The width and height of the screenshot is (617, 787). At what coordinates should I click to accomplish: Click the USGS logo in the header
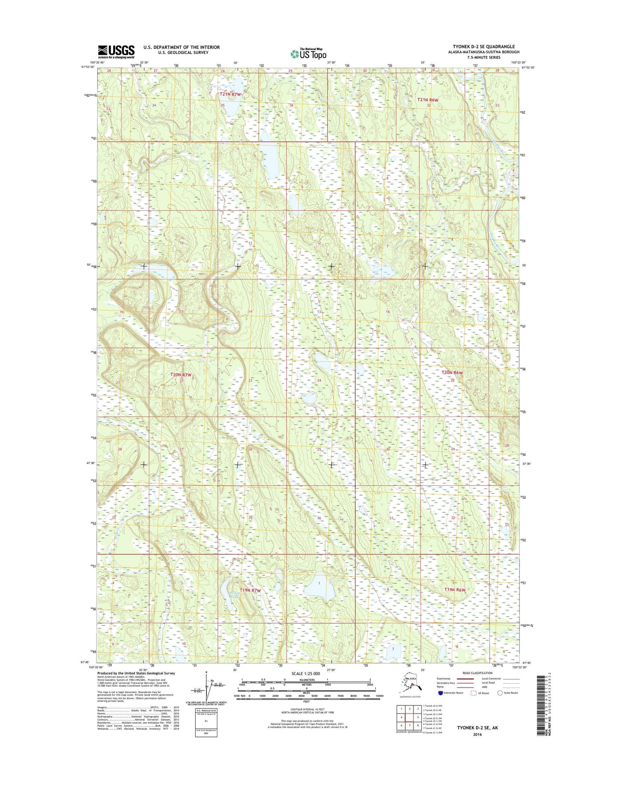[116, 52]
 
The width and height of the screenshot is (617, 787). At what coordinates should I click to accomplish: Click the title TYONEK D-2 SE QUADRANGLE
[483, 47]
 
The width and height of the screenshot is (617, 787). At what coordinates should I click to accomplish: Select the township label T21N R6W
[427, 100]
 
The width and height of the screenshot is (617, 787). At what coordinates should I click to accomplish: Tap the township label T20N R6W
[452, 373]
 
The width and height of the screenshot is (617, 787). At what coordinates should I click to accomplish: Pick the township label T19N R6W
[454, 590]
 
